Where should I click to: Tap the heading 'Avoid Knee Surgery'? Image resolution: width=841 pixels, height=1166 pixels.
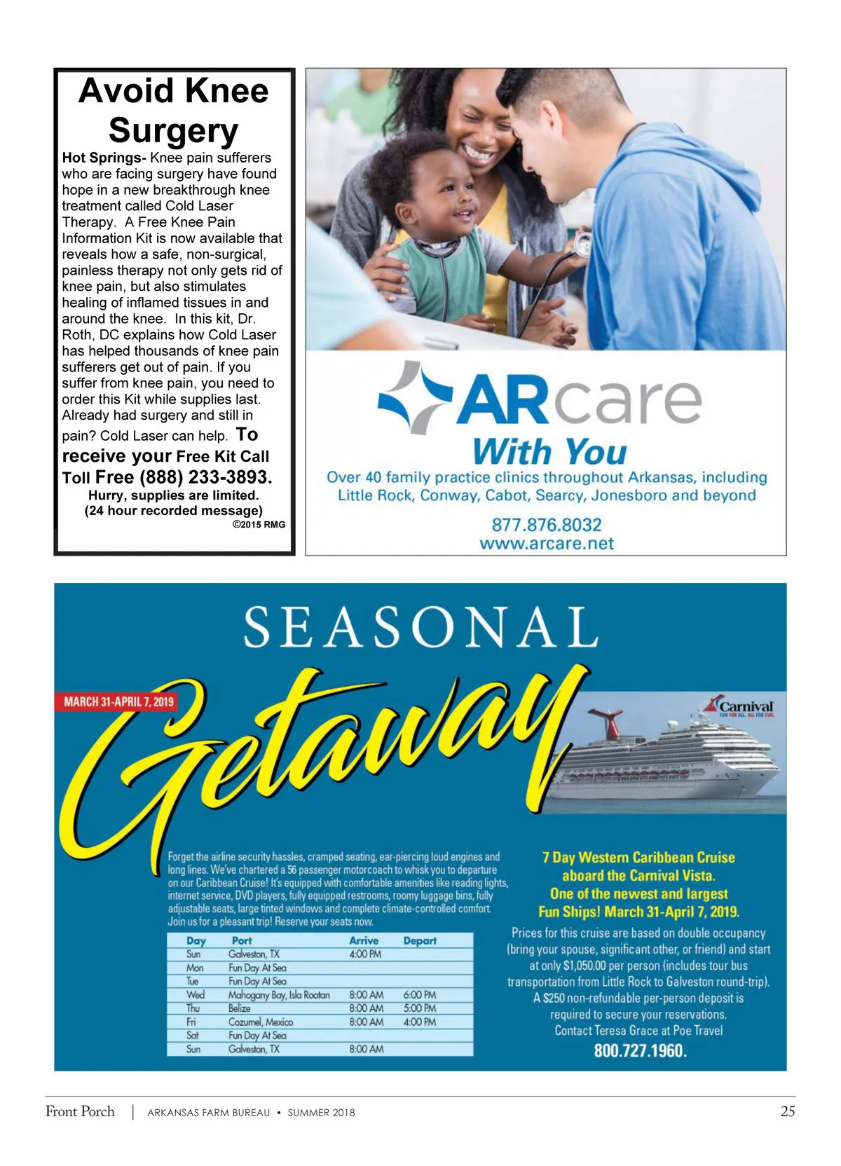tap(174, 110)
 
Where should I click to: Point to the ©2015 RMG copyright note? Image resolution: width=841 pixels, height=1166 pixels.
tap(259, 524)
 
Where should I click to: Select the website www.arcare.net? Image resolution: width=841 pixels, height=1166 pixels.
tap(547, 544)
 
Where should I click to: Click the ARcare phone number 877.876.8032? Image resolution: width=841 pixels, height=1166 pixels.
tap(547, 525)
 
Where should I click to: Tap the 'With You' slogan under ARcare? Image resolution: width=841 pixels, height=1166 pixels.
tap(549, 452)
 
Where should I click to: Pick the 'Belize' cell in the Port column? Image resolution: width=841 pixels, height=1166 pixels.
tap(240, 1008)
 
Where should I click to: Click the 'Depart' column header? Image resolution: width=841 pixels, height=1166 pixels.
tap(420, 941)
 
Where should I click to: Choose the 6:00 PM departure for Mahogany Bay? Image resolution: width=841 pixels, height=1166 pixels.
tap(419, 995)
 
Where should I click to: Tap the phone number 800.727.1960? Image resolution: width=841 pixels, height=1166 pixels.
tap(640, 1050)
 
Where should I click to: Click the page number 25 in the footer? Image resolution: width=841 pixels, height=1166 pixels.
tap(787, 1111)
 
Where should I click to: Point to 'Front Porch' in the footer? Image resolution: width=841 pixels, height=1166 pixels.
tap(80, 1111)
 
